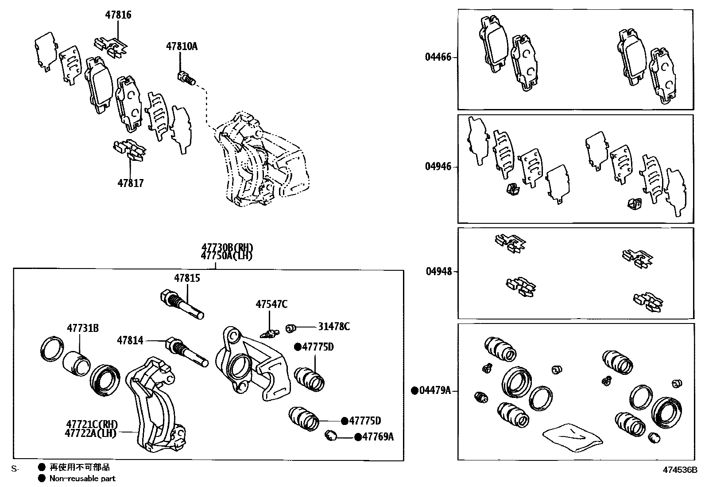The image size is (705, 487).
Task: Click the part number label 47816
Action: (x=118, y=15)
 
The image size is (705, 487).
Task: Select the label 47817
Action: (x=131, y=183)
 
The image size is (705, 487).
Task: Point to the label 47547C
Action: (x=271, y=304)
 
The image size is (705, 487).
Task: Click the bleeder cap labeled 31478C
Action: (x=291, y=328)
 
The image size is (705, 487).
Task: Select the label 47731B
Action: (x=83, y=328)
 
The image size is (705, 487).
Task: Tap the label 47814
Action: (x=130, y=340)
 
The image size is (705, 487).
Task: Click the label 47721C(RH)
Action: (x=92, y=424)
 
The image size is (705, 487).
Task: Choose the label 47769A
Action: (x=378, y=437)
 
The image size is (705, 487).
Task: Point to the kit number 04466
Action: (x=438, y=57)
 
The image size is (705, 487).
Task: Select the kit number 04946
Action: (x=438, y=167)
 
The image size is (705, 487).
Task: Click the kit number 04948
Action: (x=439, y=271)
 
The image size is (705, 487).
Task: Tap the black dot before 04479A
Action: (x=414, y=390)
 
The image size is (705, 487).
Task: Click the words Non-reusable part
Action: (x=82, y=479)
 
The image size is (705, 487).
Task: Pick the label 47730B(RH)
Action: (x=228, y=248)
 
